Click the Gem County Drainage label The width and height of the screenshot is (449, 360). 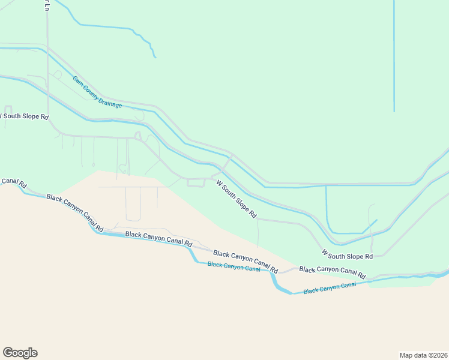pyautogui.click(x=97, y=92)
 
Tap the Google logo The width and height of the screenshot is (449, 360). pyautogui.click(x=20, y=353)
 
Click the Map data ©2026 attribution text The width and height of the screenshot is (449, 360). pyautogui.click(x=423, y=355)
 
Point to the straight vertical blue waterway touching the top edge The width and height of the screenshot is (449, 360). pyautogui.click(x=394, y=54)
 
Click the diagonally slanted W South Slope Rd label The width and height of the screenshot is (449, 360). pyautogui.click(x=237, y=199)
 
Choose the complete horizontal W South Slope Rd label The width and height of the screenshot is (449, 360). pyautogui.click(x=347, y=256)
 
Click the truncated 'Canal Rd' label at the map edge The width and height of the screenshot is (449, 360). pyautogui.click(x=13, y=182)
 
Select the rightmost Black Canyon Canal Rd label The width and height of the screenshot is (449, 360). pyautogui.click(x=333, y=272)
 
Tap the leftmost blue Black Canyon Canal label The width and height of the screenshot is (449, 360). pyautogui.click(x=234, y=266)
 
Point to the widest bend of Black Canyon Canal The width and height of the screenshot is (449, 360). pyautogui.click(x=279, y=285)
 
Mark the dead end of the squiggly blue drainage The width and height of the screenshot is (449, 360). pyautogui.click(x=155, y=57)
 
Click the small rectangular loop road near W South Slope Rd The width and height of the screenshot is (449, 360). pyautogui.click(x=196, y=182)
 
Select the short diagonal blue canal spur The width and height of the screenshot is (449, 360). pyautogui.click(x=370, y=226)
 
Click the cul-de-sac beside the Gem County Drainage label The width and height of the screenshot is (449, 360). pyautogui.click(x=58, y=74)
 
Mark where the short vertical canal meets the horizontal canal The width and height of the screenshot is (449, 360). pyautogui.click(x=326, y=185)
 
